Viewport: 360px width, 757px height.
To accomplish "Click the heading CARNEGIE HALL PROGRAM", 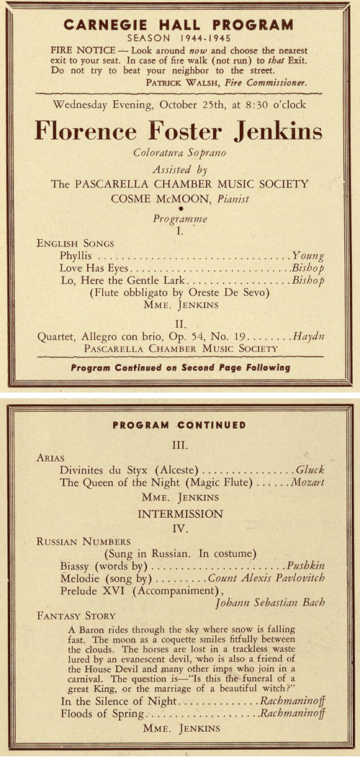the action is point(179,24).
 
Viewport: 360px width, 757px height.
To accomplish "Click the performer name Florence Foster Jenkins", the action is point(179,131).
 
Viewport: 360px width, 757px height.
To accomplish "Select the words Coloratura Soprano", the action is point(179,153).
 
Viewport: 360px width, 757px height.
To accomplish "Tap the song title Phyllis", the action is point(77,256).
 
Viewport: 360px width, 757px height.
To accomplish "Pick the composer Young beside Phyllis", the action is point(308,256).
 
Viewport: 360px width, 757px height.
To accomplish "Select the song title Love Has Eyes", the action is point(93,268).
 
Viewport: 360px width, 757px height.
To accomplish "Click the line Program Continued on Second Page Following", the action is point(180,367).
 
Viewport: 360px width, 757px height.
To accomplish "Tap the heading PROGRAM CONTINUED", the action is point(179,425).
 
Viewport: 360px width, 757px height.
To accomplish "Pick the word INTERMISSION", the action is point(181,514).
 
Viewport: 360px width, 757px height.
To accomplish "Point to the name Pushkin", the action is point(305,567).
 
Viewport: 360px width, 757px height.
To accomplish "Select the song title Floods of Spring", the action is point(102,714).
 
